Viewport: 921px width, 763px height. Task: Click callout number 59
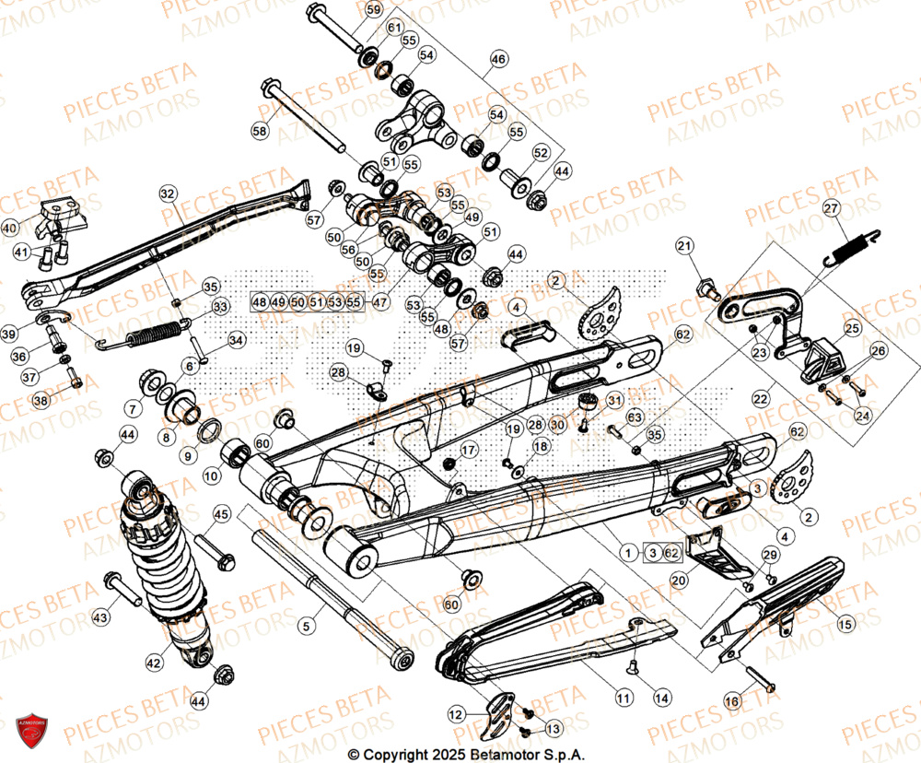(x=373, y=10)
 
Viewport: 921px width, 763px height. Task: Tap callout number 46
(x=498, y=59)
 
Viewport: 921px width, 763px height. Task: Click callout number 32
(x=167, y=194)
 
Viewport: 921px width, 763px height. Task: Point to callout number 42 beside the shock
(x=154, y=662)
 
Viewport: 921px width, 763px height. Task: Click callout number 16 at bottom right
(x=731, y=702)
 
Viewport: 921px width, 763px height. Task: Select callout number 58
(x=260, y=132)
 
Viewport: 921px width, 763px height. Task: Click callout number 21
(x=709, y=245)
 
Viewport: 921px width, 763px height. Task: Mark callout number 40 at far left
(x=10, y=228)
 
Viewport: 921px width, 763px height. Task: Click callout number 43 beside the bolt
(x=99, y=616)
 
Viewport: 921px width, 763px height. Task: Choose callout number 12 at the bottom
(x=457, y=714)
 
